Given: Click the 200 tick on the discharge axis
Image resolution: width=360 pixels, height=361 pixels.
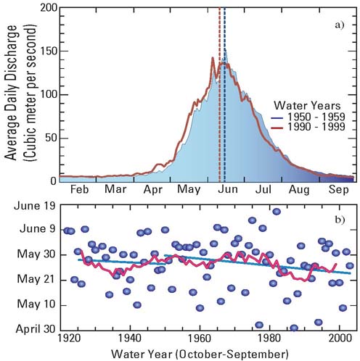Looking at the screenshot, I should coord(47,8).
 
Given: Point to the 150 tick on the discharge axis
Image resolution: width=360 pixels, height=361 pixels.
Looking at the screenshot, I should coord(47,51).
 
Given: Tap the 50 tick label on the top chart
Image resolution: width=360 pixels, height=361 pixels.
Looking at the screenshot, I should coord(50,138).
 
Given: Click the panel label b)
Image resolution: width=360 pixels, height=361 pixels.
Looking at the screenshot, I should coord(340,220).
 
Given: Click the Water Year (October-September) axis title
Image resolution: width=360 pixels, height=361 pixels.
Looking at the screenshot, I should coord(200,353).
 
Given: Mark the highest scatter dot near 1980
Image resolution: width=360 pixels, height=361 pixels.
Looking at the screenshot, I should coord(277,212).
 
